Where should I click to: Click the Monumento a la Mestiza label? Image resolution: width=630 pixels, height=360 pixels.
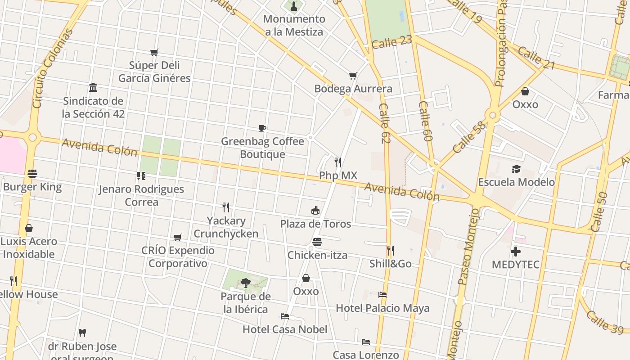(x=294, y=25)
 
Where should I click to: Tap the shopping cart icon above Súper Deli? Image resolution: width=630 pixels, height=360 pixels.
(x=154, y=52)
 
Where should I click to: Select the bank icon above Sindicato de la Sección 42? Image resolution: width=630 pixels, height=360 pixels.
(x=93, y=87)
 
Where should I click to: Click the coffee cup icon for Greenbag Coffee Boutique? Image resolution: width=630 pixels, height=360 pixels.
(x=262, y=129)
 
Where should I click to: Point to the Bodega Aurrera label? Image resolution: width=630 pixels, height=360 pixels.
(x=353, y=89)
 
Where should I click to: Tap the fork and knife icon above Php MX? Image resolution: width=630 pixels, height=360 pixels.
(x=337, y=162)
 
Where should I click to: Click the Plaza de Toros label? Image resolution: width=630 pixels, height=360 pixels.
(x=315, y=224)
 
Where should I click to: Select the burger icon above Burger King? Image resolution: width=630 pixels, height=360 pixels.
(x=32, y=174)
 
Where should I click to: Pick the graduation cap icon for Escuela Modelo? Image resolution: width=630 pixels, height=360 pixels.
(x=516, y=169)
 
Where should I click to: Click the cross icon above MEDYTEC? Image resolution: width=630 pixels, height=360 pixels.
(x=516, y=252)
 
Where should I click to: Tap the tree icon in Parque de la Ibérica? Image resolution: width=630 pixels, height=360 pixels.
(x=245, y=283)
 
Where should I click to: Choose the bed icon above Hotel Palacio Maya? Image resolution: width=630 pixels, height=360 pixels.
(x=382, y=295)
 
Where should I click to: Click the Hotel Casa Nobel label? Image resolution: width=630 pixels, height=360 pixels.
(x=285, y=329)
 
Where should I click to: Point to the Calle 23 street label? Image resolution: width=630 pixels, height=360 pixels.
(x=391, y=42)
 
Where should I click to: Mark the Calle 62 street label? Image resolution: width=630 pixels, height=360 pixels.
(x=384, y=124)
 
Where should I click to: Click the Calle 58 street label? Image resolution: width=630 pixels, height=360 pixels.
(x=469, y=137)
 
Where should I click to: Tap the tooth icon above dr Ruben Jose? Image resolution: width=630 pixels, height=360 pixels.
(x=82, y=333)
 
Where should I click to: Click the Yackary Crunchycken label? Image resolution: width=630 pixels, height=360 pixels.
(x=226, y=227)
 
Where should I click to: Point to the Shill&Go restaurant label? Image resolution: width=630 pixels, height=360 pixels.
(x=390, y=264)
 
